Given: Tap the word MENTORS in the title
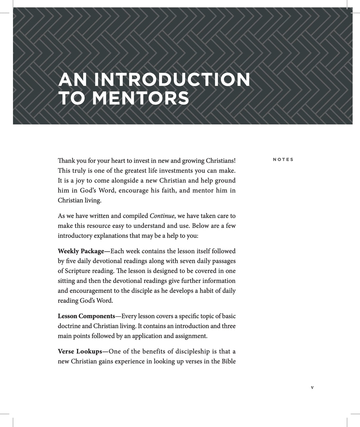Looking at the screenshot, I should tap(140, 98).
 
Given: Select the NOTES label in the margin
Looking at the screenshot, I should tap(283, 159).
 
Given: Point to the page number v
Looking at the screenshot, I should tap(312, 387).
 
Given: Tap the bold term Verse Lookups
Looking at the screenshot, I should tap(80, 351).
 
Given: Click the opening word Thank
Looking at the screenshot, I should tap(66, 160).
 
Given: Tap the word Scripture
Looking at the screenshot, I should tap(79, 271).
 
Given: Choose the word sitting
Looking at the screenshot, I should tap(67, 281).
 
